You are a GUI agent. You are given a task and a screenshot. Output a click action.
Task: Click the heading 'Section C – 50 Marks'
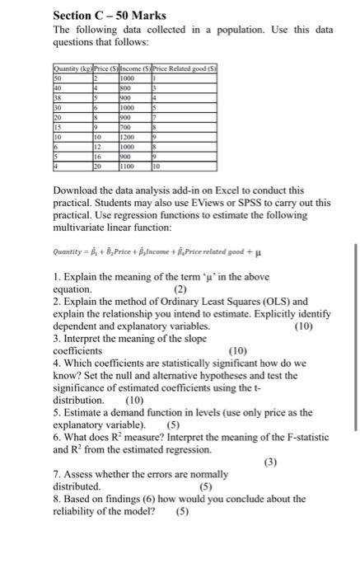[x=109, y=15]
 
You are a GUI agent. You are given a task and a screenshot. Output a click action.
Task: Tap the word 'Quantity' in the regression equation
[x=70, y=255]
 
